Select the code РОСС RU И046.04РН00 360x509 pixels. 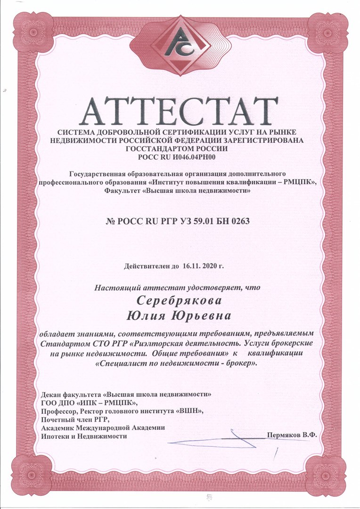pos(180,156)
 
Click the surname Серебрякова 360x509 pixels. pos(180,300)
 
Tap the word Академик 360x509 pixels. pos(58,428)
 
